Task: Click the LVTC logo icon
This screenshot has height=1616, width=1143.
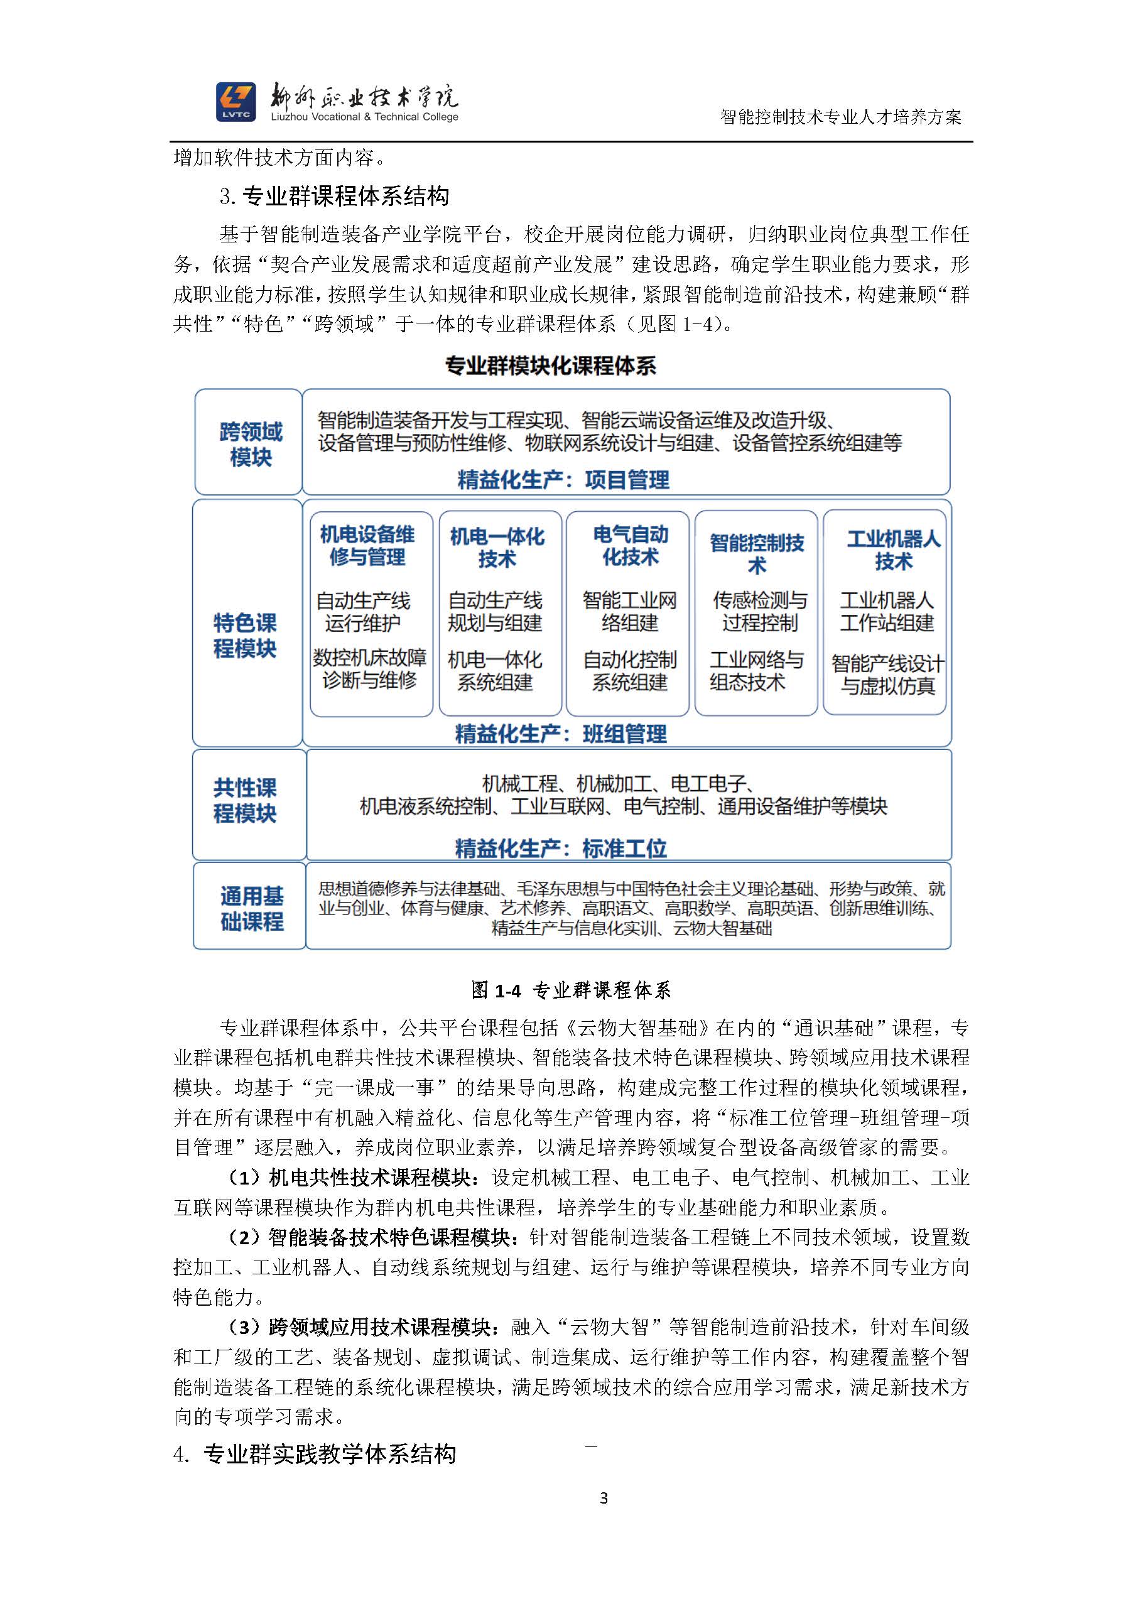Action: pyautogui.click(x=236, y=101)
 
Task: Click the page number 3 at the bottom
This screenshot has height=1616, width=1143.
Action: pyautogui.click(x=603, y=1498)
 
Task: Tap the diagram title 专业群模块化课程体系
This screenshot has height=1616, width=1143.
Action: pyautogui.click(x=550, y=366)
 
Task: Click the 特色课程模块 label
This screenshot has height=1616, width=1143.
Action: pyautogui.click(x=245, y=635)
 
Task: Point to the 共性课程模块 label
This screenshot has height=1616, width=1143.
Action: pyautogui.click(x=245, y=800)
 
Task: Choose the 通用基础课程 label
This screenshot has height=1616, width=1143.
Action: pyautogui.click(x=251, y=908)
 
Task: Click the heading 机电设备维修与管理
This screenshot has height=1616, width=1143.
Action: pyautogui.click(x=367, y=545)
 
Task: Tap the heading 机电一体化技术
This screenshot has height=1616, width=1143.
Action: pyautogui.click(x=497, y=547)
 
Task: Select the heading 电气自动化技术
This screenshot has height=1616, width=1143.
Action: pyautogui.click(x=630, y=545)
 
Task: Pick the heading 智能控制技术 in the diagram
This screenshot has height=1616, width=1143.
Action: pyautogui.click(x=757, y=553)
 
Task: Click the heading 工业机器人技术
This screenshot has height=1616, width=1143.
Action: pyautogui.click(x=893, y=550)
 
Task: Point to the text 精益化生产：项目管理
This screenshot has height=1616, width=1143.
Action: pyautogui.click(x=563, y=480)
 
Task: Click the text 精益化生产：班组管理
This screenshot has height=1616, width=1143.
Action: pyautogui.click(x=560, y=734)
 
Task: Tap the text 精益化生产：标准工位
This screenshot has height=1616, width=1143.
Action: pyautogui.click(x=560, y=848)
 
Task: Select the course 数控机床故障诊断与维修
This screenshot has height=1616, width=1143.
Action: pyautogui.click(x=369, y=669)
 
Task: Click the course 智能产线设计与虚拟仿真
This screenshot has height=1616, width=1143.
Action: pyautogui.click(x=887, y=675)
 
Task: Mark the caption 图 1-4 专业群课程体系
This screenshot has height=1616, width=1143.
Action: pyautogui.click(x=571, y=990)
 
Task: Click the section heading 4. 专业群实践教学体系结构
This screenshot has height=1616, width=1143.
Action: pyautogui.click(x=315, y=1453)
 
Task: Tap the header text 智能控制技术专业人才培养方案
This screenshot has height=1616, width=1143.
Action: pyautogui.click(x=840, y=117)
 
